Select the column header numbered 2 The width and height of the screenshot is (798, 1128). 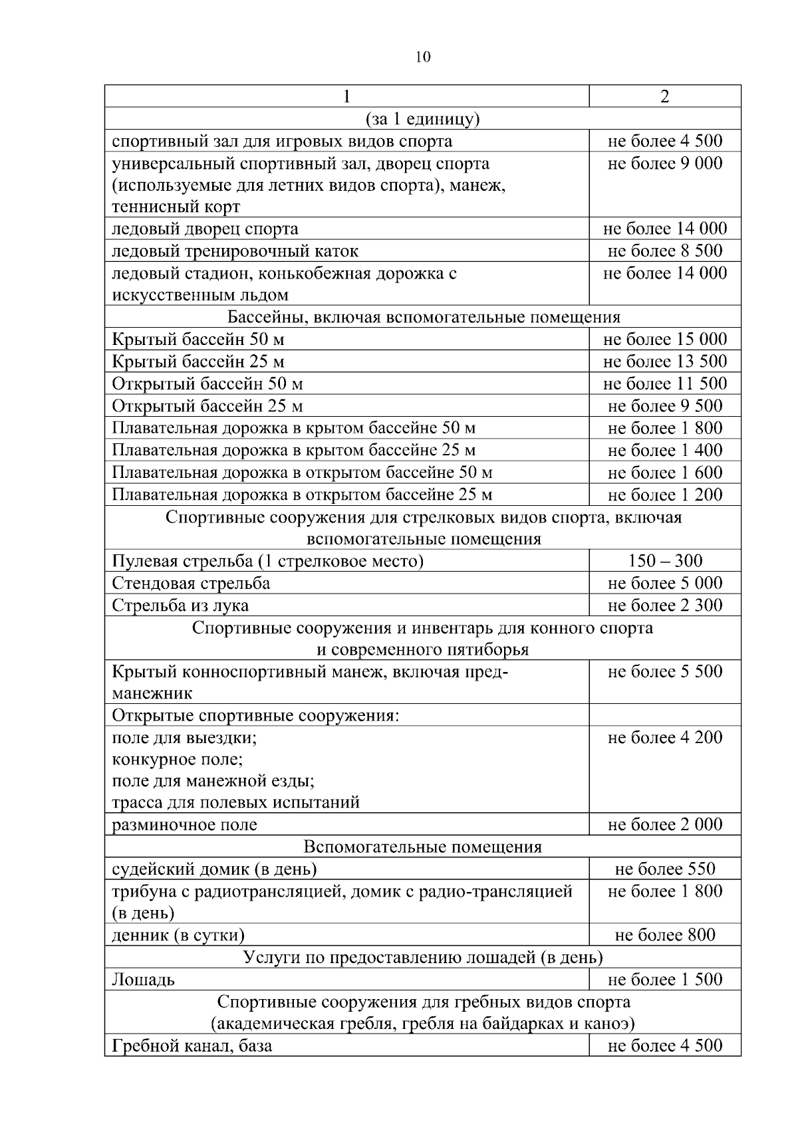point(664,96)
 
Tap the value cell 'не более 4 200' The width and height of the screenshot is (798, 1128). point(664,737)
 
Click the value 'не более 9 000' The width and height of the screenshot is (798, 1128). point(664,164)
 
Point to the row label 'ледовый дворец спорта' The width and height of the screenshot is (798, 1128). point(205,229)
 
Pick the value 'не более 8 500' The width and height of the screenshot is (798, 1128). point(664,251)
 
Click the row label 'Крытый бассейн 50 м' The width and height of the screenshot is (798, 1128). point(198,340)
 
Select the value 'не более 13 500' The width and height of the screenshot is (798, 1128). point(664,362)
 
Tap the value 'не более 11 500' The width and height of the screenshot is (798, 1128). point(664,384)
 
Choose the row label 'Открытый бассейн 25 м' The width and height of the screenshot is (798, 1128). point(207,406)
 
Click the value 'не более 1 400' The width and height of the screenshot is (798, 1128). point(664,451)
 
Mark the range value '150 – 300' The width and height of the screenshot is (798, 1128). point(664,561)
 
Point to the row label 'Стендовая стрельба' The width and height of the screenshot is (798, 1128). point(191,584)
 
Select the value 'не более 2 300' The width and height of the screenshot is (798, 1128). point(664,606)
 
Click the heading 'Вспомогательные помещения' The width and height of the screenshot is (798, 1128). point(422,847)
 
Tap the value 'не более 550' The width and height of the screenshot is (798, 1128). point(664,869)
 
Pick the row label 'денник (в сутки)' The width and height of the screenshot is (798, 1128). point(178,935)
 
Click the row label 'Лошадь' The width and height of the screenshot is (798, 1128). point(143,980)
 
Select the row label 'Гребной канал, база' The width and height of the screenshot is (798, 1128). point(192,1046)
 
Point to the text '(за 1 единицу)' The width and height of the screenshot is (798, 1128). point(422,119)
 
